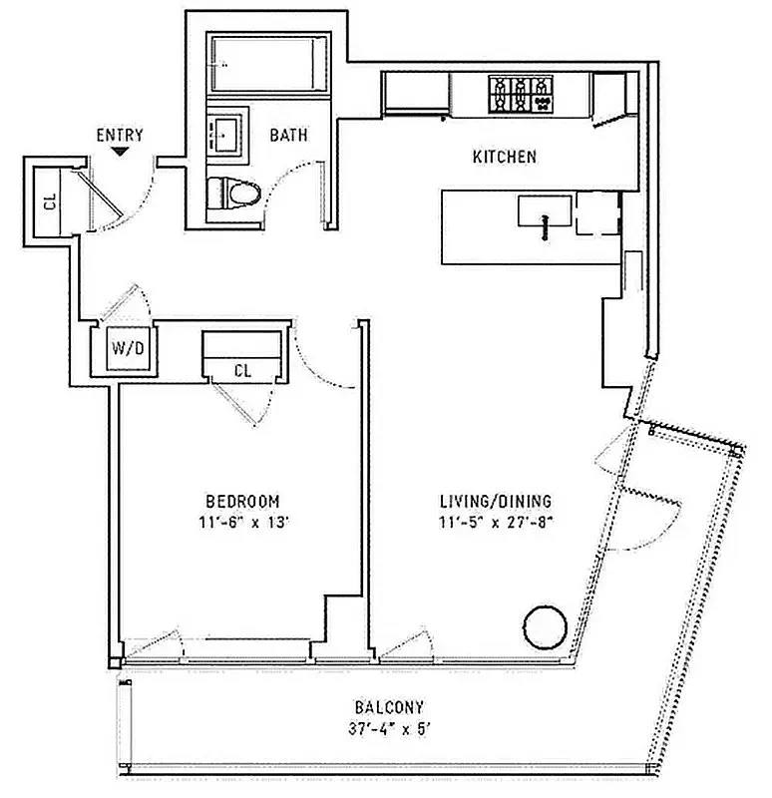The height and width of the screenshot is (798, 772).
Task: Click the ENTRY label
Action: click(120, 135)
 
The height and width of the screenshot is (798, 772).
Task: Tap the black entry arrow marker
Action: click(120, 152)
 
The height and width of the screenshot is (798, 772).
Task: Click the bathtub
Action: click(267, 63)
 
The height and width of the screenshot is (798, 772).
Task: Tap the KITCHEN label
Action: click(505, 157)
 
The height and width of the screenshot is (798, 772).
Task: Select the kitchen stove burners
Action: click(520, 95)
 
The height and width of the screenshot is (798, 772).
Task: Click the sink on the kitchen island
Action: click(544, 212)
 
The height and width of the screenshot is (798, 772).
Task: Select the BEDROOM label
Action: click(242, 501)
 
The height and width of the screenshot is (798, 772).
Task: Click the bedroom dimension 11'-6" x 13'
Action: click(242, 520)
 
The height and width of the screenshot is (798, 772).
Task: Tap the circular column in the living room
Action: click(545, 626)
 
